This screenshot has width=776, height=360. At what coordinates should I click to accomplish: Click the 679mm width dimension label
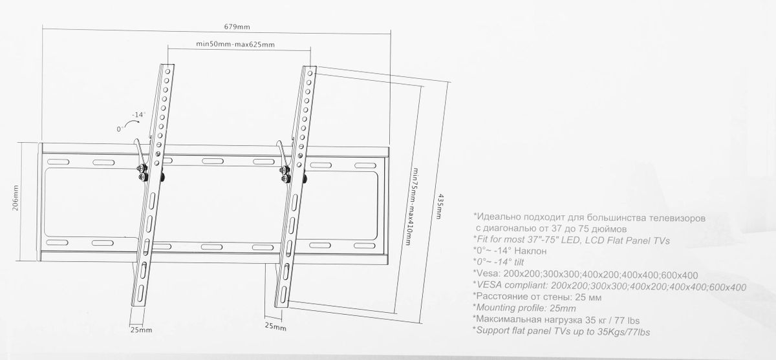pos(237,26)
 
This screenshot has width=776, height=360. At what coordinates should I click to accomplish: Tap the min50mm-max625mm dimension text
pos(235,45)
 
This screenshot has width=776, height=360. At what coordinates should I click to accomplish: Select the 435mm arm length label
pos(439,206)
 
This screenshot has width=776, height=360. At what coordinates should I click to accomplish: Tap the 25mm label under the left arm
pos(141,330)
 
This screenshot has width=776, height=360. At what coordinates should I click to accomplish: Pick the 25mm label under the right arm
pos(275,326)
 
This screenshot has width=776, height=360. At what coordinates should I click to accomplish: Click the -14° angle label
pos(138,114)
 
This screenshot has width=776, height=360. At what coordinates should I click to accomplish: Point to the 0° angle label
pos(120,129)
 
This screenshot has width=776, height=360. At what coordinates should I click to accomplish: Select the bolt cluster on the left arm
pos(142,173)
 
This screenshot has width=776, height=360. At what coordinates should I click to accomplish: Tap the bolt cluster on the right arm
pos(285,174)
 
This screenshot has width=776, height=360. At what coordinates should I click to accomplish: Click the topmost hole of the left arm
pos(167,72)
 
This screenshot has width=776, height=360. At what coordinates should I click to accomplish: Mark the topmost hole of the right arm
pos(310,74)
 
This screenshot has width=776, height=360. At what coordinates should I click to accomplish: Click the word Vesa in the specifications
pos(488,274)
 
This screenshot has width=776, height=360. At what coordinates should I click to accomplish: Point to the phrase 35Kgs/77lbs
pos(623,332)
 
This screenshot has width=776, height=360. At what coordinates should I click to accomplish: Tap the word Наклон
pos(530,251)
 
